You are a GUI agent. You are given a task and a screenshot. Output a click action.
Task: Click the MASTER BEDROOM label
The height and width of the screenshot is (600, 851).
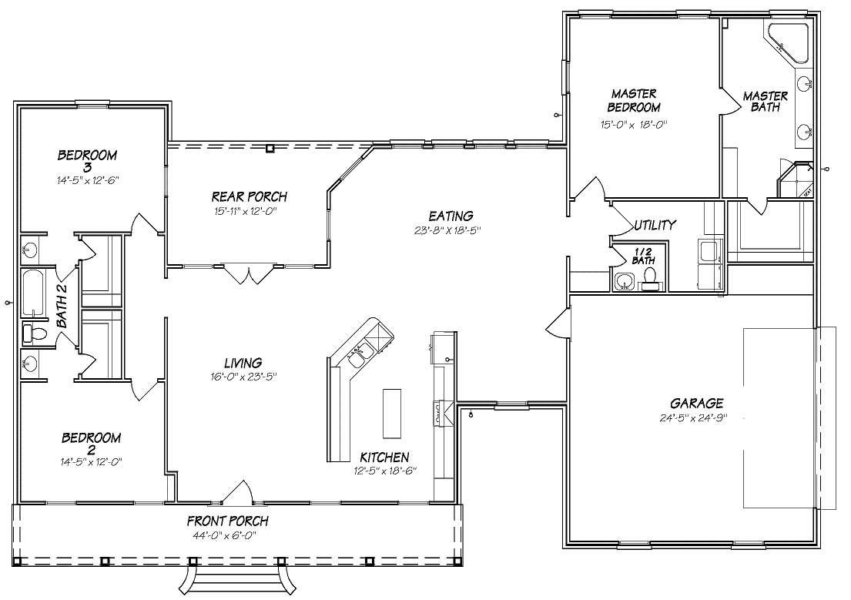pyautogui.click(x=634, y=101)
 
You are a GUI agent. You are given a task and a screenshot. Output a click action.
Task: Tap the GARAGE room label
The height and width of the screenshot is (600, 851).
pyautogui.click(x=696, y=403)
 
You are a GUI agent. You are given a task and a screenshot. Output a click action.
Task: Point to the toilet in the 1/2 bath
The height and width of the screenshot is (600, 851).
pyautogui.click(x=649, y=277)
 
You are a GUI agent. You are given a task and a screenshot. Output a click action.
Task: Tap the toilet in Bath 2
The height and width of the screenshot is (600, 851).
pyautogui.click(x=35, y=333)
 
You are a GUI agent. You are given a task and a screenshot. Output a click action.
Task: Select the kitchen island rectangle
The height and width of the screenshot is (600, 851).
pyautogui.click(x=392, y=412)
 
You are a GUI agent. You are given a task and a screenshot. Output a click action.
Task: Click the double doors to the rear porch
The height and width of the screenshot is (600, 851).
pyautogui.click(x=247, y=274)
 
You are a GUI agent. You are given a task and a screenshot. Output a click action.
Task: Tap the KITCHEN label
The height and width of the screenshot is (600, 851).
pyautogui.click(x=383, y=457)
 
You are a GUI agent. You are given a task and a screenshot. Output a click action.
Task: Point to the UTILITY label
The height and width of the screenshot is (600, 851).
pyautogui.click(x=655, y=225)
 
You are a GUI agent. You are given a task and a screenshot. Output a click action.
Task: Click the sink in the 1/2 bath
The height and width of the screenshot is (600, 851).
pyautogui.click(x=622, y=281)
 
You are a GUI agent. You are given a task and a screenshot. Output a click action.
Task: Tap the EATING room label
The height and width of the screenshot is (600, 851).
pyautogui.click(x=451, y=216)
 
